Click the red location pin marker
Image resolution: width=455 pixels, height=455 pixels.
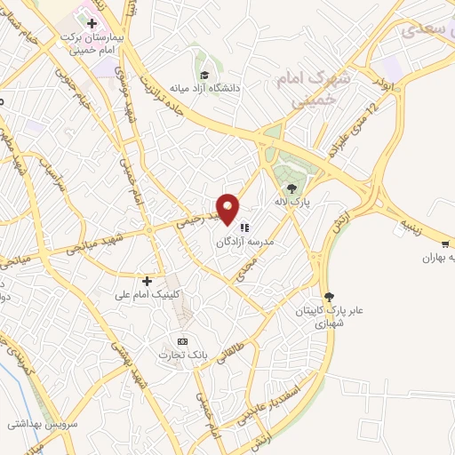point(228,207)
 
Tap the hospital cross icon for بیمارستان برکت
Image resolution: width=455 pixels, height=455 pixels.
point(92,21)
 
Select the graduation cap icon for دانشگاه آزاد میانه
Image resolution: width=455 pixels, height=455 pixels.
point(204,76)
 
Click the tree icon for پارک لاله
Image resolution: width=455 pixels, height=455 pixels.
point(291,188)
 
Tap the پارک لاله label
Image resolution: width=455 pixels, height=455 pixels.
point(292,202)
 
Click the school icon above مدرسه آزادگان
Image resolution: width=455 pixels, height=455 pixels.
point(244,227)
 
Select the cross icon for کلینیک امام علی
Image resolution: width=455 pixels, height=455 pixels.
point(148,281)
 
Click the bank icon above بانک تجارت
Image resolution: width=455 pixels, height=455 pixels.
point(182,341)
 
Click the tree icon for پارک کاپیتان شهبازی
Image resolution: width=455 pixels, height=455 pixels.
point(330,297)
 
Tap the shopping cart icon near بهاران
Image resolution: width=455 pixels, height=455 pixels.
point(444,243)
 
